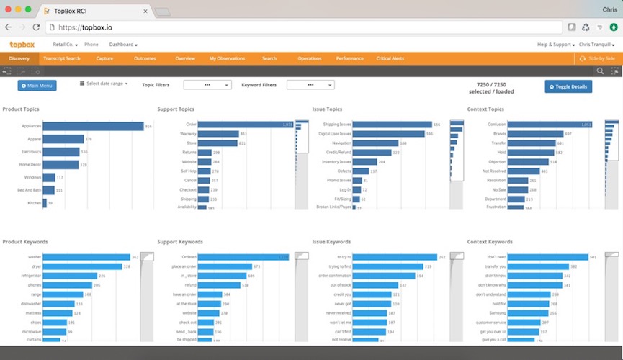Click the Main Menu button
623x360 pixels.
tap(37, 86)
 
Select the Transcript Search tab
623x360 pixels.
tap(62, 58)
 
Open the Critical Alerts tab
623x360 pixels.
tap(390, 58)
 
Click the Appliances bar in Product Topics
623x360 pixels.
tap(93, 126)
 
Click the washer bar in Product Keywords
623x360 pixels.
tap(86, 257)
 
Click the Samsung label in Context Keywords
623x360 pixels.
tap(497, 313)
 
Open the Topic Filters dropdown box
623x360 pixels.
tap(207, 85)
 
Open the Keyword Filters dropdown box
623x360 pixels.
tap(310, 85)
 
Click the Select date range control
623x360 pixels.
tap(104, 84)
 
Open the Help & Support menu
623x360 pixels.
tap(555, 45)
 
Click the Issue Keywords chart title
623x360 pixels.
tap(332, 242)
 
